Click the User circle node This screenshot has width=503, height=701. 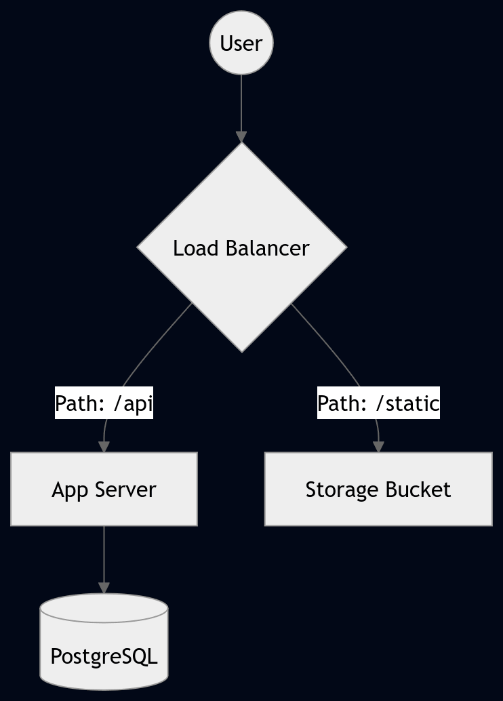241,43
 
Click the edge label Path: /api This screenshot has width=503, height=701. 104,403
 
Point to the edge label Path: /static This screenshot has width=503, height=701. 378,403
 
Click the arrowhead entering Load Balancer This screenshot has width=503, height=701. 241,136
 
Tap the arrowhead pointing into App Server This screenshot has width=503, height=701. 104,447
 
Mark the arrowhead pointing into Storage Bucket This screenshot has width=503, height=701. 378,447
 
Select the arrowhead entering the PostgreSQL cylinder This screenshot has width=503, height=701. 104,588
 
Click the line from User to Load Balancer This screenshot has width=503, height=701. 241,102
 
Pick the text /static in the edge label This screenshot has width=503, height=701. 407,403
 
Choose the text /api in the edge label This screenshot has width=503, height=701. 134,403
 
